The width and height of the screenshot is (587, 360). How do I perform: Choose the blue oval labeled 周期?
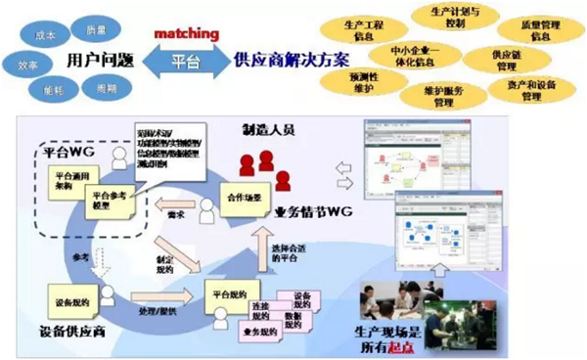tap(105, 87)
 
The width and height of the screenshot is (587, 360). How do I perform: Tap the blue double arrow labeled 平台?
tap(184, 61)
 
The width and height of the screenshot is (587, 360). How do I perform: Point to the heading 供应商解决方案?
tap(281, 60)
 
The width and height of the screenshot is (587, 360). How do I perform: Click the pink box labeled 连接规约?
tap(252, 311)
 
